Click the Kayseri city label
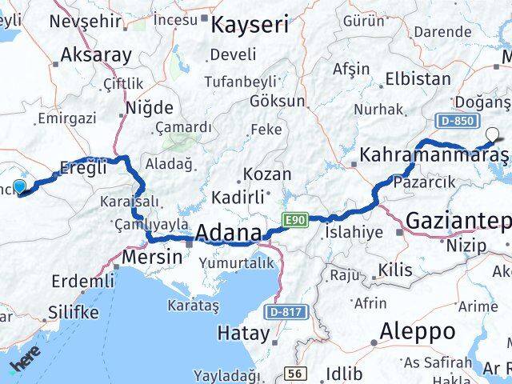(249, 24)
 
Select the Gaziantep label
(457, 220)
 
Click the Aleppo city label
(418, 330)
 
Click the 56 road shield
(295, 374)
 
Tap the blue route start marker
(19, 186)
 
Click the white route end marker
(492, 134)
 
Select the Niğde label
(149, 106)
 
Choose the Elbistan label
(418, 79)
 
